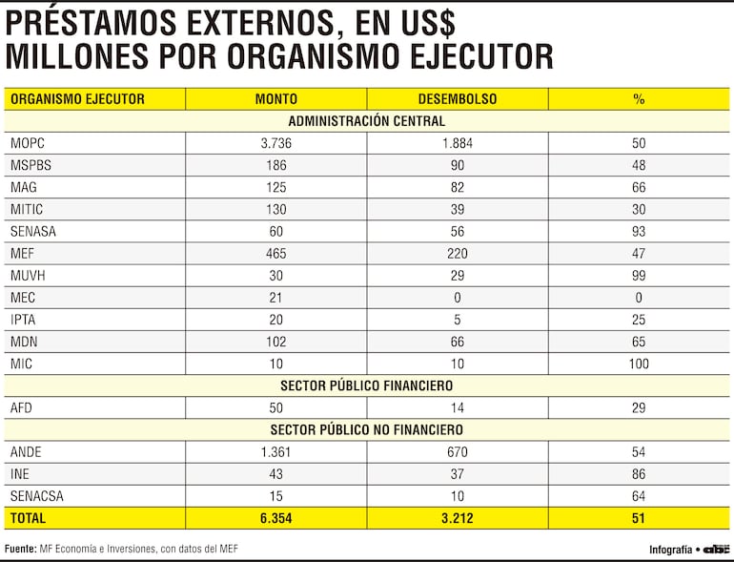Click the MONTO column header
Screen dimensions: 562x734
(275, 98)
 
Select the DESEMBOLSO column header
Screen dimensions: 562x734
(457, 98)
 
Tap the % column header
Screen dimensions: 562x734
(639, 98)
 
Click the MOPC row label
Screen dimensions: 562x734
(28, 143)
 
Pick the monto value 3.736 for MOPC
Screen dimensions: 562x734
(276, 143)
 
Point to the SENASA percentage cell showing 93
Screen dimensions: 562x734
(639, 231)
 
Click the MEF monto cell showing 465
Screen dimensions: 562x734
(276, 253)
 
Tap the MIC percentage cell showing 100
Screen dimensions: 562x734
(639, 364)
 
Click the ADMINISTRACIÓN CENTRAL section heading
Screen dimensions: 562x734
(367, 121)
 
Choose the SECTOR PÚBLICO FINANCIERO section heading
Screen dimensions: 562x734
(367, 385)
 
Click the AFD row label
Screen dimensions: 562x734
(23, 407)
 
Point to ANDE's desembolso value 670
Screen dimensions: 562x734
(458, 451)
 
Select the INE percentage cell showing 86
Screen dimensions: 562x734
(639, 473)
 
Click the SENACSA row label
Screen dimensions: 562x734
(36, 495)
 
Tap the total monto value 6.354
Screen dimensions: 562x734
(276, 518)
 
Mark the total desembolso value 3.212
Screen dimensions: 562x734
(458, 518)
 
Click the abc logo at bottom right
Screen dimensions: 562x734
(716, 549)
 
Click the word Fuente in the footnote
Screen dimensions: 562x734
(20, 549)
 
